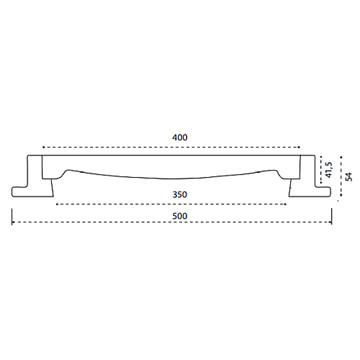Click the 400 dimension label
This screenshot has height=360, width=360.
180,137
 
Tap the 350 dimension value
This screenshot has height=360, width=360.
180,194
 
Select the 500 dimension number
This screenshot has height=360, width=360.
180,216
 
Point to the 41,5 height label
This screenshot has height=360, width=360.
329,170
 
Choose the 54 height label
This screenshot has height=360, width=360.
349,176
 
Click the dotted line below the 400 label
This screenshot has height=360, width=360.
172,147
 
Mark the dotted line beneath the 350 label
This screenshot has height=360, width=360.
171,204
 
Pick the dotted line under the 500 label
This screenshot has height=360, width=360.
172,222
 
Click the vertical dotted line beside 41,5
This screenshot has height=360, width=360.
321,170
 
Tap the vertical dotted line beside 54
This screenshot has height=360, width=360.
341,176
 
